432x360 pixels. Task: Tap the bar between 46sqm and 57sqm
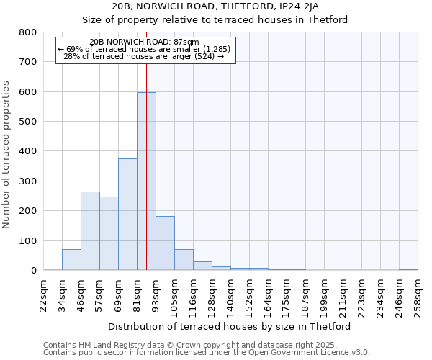(90, 231)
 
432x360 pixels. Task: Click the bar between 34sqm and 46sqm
(71, 260)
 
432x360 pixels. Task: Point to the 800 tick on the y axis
(27, 32)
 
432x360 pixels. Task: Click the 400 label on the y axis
(27, 151)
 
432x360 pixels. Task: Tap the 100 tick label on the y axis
(27, 240)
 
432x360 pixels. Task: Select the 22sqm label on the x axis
(44, 293)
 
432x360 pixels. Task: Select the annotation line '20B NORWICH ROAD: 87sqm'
(145, 42)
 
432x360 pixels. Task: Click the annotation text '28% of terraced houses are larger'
(144, 56)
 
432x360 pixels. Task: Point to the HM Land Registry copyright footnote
(205, 346)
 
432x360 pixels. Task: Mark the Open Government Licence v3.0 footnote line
(207, 353)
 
